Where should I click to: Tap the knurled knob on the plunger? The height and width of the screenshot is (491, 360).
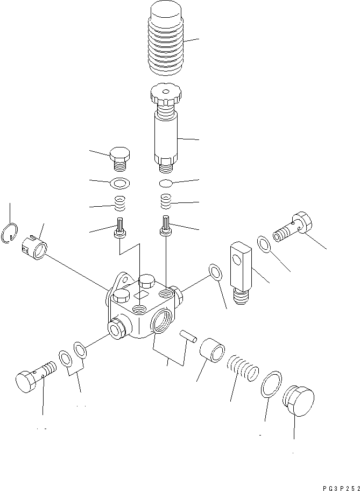coord(166,95)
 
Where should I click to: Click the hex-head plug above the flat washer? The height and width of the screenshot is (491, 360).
coord(120,156)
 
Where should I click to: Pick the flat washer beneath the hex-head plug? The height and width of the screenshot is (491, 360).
coord(118,184)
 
